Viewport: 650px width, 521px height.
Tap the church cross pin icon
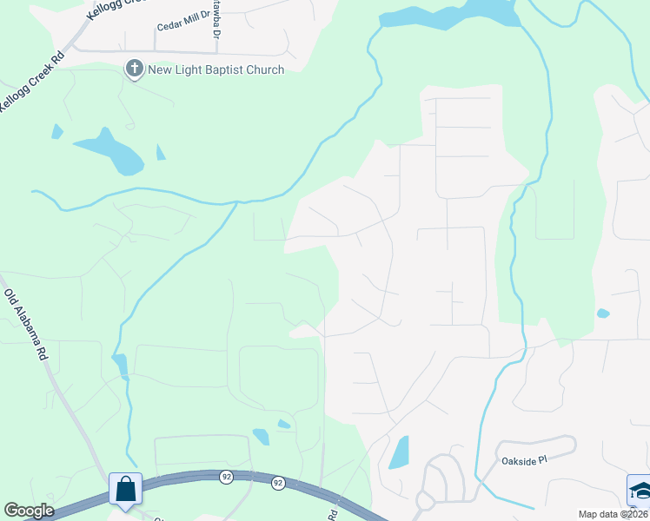tap(135, 69)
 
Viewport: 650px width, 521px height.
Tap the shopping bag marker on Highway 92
tap(125, 490)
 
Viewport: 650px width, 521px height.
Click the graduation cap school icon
tap(639, 490)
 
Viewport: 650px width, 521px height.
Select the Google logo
tap(29, 511)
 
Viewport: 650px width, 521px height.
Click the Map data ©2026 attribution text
tap(612, 514)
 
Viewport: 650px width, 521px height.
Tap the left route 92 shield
tap(226, 476)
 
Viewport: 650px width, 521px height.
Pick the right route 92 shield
tap(278, 482)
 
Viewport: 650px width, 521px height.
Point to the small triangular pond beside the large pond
tap(160, 153)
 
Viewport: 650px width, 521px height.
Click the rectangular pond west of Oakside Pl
tap(400, 452)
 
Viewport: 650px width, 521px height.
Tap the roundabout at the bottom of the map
tap(425, 501)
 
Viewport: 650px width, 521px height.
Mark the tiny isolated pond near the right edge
tap(603, 313)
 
